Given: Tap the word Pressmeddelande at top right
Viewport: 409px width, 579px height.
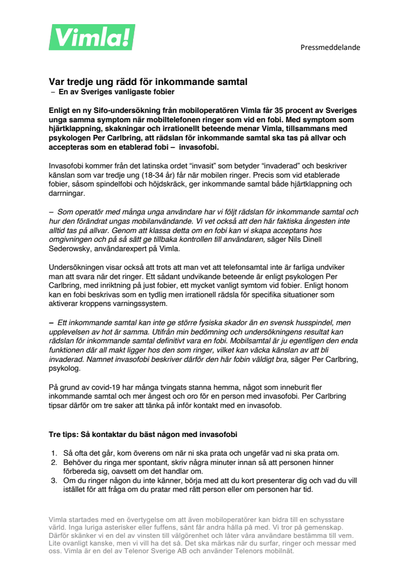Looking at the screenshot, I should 330,47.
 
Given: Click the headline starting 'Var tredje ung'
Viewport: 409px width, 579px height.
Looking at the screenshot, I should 148,82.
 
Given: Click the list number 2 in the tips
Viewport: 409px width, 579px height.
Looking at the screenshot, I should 54,462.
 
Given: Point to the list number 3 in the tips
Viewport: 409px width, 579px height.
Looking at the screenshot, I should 54,480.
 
